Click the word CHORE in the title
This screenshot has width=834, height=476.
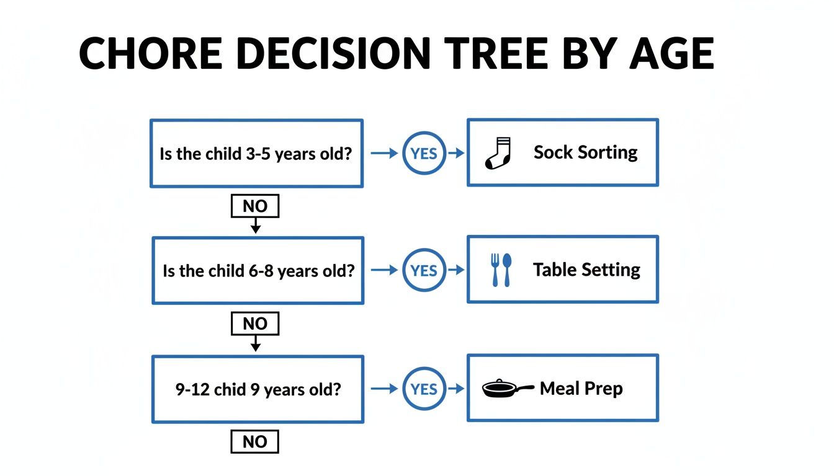pyautogui.click(x=151, y=53)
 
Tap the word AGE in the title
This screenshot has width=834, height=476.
pyautogui.click(x=672, y=53)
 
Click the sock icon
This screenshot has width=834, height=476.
pyautogui.click(x=498, y=153)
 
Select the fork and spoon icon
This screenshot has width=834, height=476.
pyautogui.click(x=501, y=270)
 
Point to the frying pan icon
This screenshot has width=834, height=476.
pyautogui.click(x=508, y=389)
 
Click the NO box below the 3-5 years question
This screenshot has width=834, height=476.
pyautogui.click(x=255, y=206)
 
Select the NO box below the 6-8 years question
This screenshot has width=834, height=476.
pyautogui.click(x=255, y=324)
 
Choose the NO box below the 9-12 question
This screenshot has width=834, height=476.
pyautogui.click(x=255, y=442)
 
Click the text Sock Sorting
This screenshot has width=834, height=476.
pyautogui.click(x=586, y=152)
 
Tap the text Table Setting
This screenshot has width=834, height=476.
pyautogui.click(x=586, y=270)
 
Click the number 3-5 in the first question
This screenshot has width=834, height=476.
pyautogui.click(x=258, y=154)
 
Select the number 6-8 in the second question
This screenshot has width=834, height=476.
pyautogui.click(x=261, y=271)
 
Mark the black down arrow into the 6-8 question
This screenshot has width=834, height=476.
pyautogui.click(x=256, y=226)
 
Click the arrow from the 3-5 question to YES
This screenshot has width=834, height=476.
pyautogui.click(x=384, y=153)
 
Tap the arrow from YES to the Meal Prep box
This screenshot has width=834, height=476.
pyautogui.click(x=456, y=389)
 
